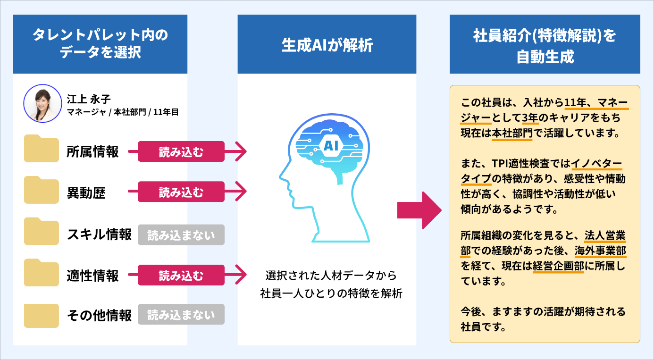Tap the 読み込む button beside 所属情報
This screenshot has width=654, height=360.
coord(181,151)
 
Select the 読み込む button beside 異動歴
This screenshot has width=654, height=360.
coord(181,193)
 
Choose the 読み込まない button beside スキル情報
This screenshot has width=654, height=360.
coord(181,234)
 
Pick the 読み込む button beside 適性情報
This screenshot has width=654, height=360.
coord(181,275)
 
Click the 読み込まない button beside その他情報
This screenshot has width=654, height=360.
coord(181,315)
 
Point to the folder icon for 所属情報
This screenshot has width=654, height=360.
coord(42,149)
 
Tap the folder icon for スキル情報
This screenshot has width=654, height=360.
coord(42,231)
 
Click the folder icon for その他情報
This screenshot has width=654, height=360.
coord(42,314)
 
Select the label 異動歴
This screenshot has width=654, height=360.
coord(86,193)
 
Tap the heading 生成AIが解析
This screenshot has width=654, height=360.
coord(327,45)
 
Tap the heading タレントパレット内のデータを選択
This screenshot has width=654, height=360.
coord(100,44)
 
